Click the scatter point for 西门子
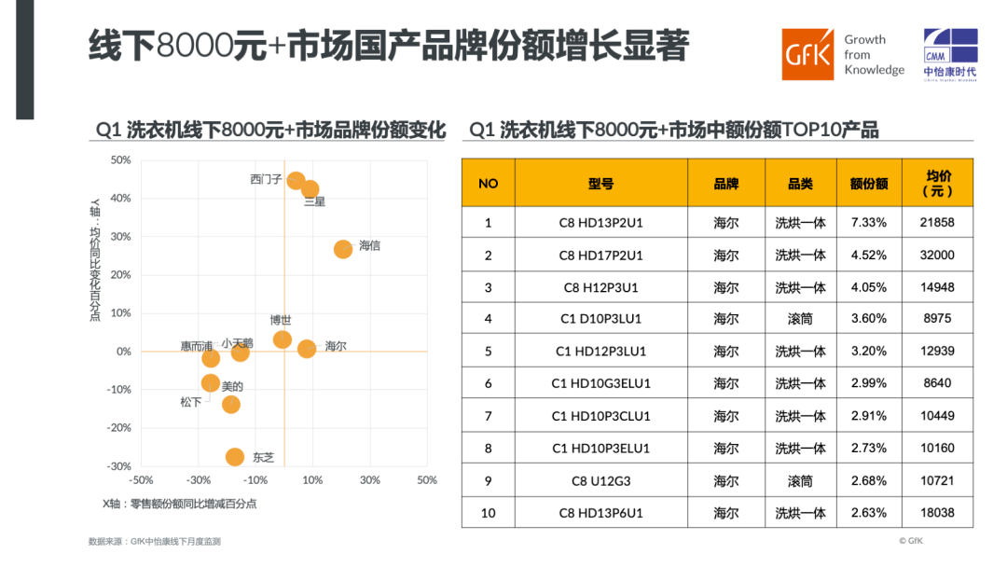(x=296, y=181)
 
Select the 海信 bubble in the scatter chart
(x=343, y=249)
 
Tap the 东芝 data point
(x=235, y=457)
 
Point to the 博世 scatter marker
(x=283, y=339)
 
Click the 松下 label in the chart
(x=190, y=402)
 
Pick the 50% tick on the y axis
(x=120, y=160)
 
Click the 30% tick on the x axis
(x=369, y=480)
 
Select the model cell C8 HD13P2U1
(x=600, y=223)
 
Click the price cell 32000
(x=937, y=255)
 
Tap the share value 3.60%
(x=868, y=319)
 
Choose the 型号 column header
(x=600, y=184)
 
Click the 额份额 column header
(x=868, y=184)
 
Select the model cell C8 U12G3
(x=600, y=481)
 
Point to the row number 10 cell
(x=488, y=513)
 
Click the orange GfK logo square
(x=807, y=55)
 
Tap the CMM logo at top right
(x=950, y=54)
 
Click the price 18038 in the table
(x=937, y=513)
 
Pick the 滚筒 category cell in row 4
(x=800, y=319)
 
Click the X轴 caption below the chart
(x=179, y=504)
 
